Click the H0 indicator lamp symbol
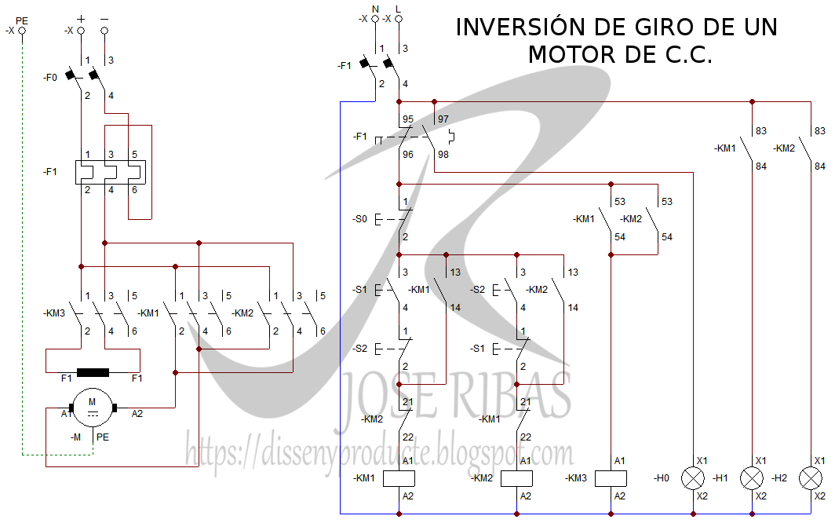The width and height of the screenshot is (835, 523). pos(692,477)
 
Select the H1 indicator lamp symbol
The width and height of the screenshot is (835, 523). pos(752,477)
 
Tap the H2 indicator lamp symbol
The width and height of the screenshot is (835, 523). pos(810,477)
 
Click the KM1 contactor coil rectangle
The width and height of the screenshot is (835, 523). pos(399,477)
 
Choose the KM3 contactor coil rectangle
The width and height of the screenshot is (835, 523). pos(611,477)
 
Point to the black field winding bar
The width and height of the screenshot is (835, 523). pos(93,372)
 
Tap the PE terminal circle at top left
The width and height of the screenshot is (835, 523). pos(22,31)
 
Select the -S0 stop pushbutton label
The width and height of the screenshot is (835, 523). pos(359,219)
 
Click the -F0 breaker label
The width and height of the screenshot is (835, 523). pos(50,78)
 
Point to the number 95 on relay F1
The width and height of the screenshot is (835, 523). pos(408,120)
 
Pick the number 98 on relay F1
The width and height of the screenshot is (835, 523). pos(443,155)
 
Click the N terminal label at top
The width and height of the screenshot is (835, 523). pos(375,8)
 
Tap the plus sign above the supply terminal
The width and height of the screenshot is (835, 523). pos(81,16)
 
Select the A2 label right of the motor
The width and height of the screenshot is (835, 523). pos(137,413)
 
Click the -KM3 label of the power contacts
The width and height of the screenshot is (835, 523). pos(53,313)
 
